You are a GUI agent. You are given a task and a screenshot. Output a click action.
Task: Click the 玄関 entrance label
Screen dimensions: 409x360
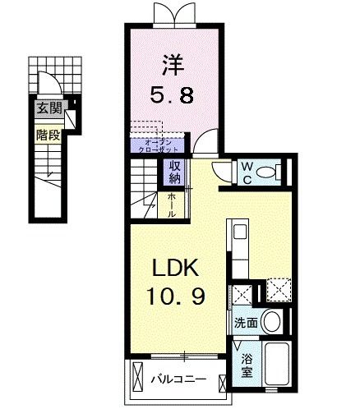click(x=47, y=108)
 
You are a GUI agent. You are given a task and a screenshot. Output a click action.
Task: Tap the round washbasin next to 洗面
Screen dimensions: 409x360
click(x=276, y=322)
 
